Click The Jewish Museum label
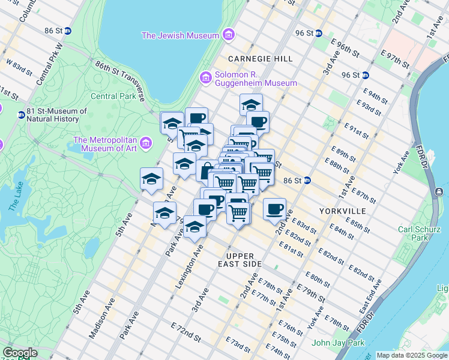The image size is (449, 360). (x=180, y=35)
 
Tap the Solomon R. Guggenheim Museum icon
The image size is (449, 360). (x=206, y=78)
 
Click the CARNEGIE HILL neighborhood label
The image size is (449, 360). (x=260, y=59)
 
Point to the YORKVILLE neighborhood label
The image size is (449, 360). (x=343, y=211)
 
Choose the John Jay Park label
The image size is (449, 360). (x=339, y=343)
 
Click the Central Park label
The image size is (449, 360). (x=113, y=96)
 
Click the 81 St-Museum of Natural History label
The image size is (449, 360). (x=57, y=115)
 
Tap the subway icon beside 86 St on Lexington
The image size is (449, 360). (x=306, y=180)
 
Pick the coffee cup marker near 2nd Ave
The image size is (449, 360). (x=274, y=209)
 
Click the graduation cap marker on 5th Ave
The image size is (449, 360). (x=152, y=179)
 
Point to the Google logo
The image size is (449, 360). (x=20, y=353)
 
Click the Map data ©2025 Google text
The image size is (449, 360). (x=412, y=355)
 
